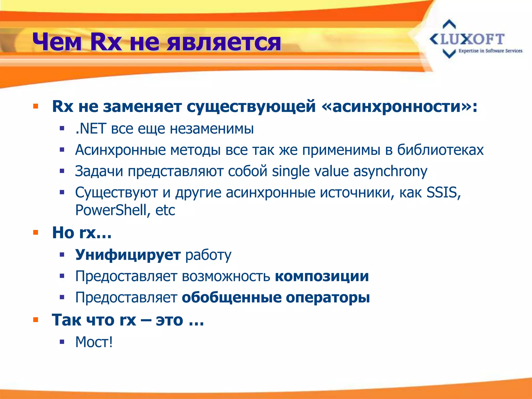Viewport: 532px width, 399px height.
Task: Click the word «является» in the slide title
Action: point(224,42)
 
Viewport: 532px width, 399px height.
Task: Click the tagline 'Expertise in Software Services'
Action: point(490,51)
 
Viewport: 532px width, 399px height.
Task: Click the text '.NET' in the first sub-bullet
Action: point(91,129)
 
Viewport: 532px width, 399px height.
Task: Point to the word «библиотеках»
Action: point(440,150)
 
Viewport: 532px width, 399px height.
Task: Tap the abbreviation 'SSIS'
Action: point(443,192)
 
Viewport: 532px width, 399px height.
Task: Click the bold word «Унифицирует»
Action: point(128,255)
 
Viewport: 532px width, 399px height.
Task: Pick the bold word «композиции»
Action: point(322,276)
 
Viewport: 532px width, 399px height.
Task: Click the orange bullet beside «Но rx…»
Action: point(36,232)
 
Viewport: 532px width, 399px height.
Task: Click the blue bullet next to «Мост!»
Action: point(62,342)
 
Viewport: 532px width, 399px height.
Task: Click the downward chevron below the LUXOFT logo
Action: point(449,54)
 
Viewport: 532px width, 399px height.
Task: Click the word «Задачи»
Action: point(99,171)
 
